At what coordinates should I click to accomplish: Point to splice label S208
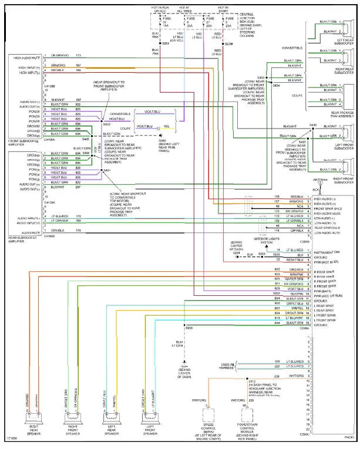pos(189,328)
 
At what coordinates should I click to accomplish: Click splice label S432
pos(106,124)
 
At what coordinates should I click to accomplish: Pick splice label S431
pos(106,171)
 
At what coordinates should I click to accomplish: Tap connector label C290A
pos(304,329)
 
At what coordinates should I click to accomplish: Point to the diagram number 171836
pos(12,438)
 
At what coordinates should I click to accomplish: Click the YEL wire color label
pos(166,126)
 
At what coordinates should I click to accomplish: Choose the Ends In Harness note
pos(228,367)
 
